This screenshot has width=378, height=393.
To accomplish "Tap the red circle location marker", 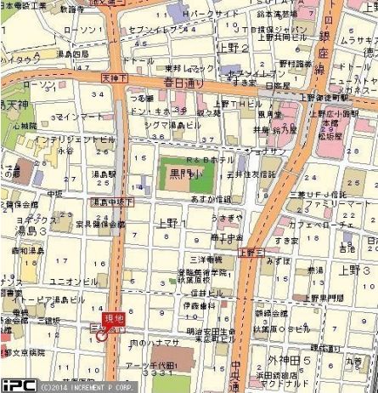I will [102, 334].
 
